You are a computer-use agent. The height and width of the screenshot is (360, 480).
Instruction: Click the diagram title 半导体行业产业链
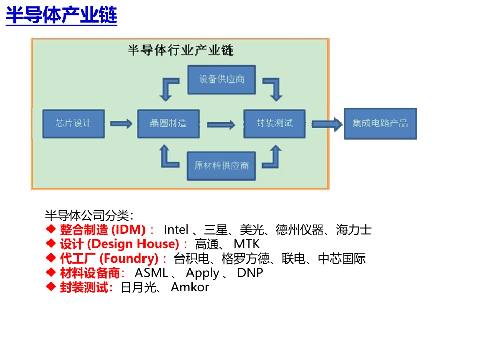(180, 51)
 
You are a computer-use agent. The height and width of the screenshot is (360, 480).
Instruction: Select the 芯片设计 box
(73, 123)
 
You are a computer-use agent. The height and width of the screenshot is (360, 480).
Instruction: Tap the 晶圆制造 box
(168, 123)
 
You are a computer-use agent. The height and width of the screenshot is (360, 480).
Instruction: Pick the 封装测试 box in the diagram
(274, 123)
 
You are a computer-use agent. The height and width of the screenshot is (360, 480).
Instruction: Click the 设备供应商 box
(221, 79)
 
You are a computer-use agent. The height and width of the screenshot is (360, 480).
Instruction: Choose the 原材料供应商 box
(221, 165)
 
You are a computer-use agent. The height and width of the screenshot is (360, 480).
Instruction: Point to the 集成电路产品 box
(380, 123)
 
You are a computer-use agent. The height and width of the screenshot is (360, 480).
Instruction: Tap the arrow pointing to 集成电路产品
(326, 124)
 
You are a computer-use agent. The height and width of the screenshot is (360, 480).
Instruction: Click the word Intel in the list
(176, 230)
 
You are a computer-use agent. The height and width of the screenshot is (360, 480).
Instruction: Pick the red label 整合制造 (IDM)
(102, 230)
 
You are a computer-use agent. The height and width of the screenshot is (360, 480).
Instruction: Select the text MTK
(246, 244)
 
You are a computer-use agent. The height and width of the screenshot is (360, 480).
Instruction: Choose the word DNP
(250, 273)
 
